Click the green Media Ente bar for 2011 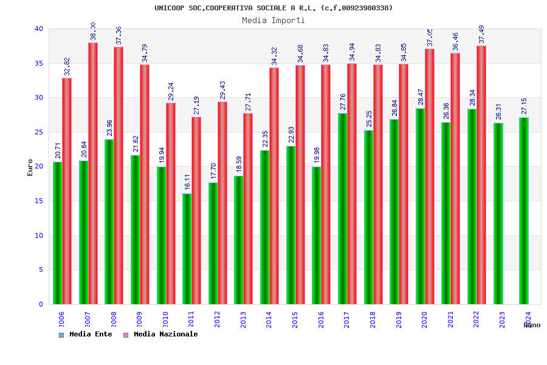[x=187, y=249]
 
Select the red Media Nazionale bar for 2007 [x=93, y=173]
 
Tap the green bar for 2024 [x=523, y=211]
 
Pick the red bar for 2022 [x=481, y=175]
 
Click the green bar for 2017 [x=342, y=209]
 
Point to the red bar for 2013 [x=248, y=209]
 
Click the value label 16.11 [x=188, y=181]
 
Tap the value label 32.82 [x=67, y=66]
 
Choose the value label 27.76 [x=343, y=102]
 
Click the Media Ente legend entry [x=86, y=335]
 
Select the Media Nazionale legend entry [x=160, y=335]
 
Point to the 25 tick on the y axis [x=39, y=132]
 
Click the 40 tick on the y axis [x=39, y=29]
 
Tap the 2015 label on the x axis [x=295, y=320]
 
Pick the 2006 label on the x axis [x=61, y=320]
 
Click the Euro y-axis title [x=30, y=167]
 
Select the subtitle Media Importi [x=273, y=20]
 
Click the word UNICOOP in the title [x=170, y=8]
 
